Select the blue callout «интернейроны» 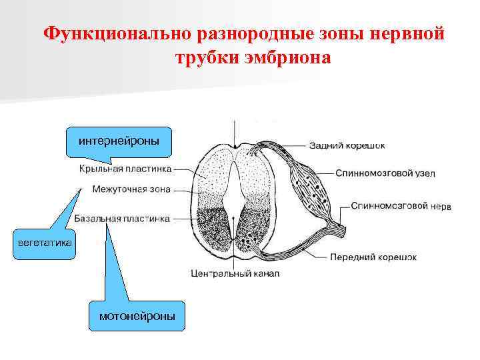119,141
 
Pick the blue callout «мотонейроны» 137,316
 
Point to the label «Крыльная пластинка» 125,169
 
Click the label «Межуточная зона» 131,189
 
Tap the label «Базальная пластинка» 122,218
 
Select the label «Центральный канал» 234,273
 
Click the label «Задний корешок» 347,145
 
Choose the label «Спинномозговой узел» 385,173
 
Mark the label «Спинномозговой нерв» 401,206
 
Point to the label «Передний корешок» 373,257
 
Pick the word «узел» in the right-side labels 424,173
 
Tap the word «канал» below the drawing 265,273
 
